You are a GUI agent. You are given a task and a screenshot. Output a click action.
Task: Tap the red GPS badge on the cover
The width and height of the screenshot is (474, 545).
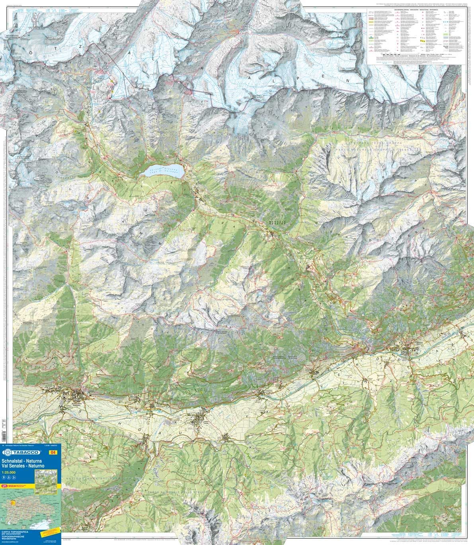coord(5,486)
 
